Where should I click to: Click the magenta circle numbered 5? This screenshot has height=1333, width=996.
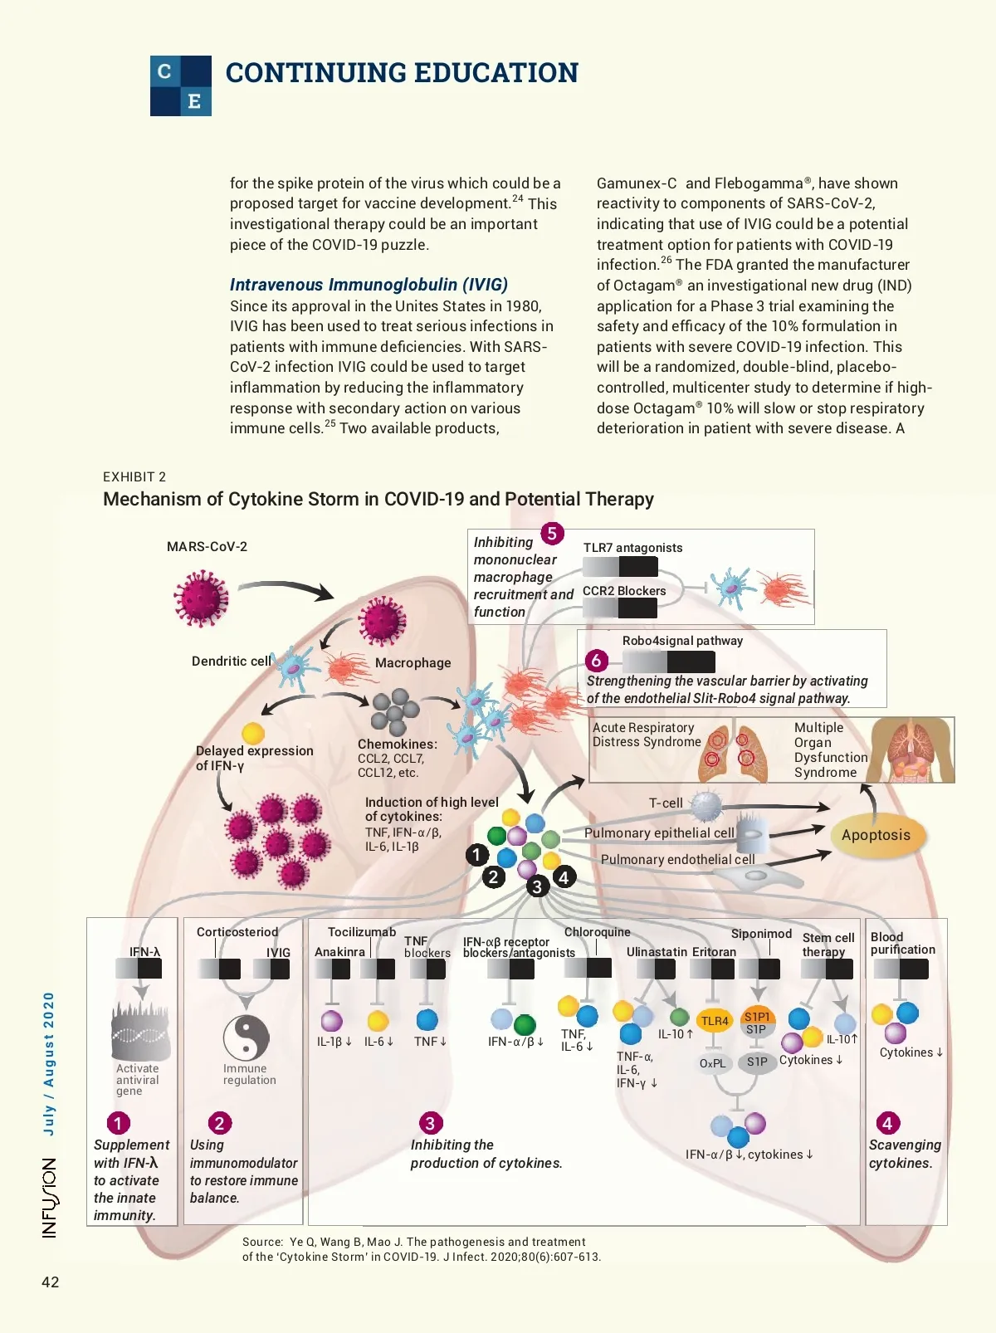pos(552,534)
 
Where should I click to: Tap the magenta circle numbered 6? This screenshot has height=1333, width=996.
pos(596,661)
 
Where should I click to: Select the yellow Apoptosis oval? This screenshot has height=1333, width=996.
pos(876,835)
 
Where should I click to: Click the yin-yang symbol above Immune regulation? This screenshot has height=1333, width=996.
pos(247,1037)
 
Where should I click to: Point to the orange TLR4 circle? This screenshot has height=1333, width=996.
pos(715,1021)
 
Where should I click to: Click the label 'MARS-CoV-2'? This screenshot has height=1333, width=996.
pos(207,546)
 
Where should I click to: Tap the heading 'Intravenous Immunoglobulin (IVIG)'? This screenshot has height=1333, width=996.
pos(369,285)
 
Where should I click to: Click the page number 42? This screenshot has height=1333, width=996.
pos(51,1282)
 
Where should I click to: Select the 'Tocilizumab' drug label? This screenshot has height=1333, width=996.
pos(362,932)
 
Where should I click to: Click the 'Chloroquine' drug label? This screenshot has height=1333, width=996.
pos(597,932)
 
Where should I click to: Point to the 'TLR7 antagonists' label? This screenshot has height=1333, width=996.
pos(632,548)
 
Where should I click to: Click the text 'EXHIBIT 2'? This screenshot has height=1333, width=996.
pos(134,476)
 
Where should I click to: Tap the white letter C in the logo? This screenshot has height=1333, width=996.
pos(165,71)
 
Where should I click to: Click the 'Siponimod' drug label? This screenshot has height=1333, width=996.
pos(761,934)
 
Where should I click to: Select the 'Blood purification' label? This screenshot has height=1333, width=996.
pos(902,943)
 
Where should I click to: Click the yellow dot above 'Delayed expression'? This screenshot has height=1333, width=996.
pos(253,733)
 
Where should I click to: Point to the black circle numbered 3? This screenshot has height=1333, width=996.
pos(537,886)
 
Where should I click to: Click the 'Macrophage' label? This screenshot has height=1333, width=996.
pos(413,662)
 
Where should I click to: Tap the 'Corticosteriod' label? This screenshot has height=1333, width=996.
pos(237,932)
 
